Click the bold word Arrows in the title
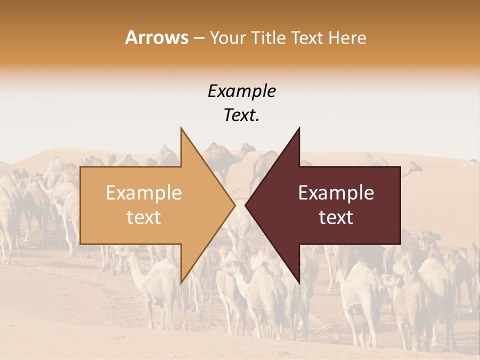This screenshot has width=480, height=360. [157, 37]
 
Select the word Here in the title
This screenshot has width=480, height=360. [348, 37]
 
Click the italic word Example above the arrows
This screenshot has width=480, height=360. [241, 91]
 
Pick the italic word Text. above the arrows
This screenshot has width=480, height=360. [241, 115]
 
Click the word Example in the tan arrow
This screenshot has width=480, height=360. [144, 193]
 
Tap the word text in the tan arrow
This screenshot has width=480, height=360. [144, 217]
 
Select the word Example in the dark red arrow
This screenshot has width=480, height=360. [336, 193]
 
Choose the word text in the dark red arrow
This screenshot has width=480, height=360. [336, 217]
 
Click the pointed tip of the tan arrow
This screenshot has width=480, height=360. [234, 205]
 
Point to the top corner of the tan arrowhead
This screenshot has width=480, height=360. [181, 128]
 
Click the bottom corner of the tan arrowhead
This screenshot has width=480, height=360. [181, 282]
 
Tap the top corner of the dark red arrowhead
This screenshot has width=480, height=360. [299, 128]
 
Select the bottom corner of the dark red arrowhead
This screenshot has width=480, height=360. [299, 282]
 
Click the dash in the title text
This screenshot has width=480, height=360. [198, 37]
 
